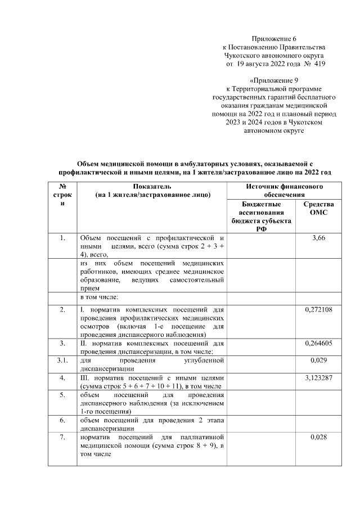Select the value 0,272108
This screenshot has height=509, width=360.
(x=318, y=309)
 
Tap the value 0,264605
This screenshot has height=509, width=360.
(x=318, y=343)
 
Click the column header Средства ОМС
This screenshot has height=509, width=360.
(x=318, y=209)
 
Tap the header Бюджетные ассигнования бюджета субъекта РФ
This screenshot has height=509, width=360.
(x=262, y=217)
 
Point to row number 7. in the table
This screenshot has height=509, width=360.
(x=62, y=437)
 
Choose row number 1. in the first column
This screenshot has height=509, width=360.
(x=62, y=238)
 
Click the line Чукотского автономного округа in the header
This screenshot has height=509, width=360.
(x=274, y=55)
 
